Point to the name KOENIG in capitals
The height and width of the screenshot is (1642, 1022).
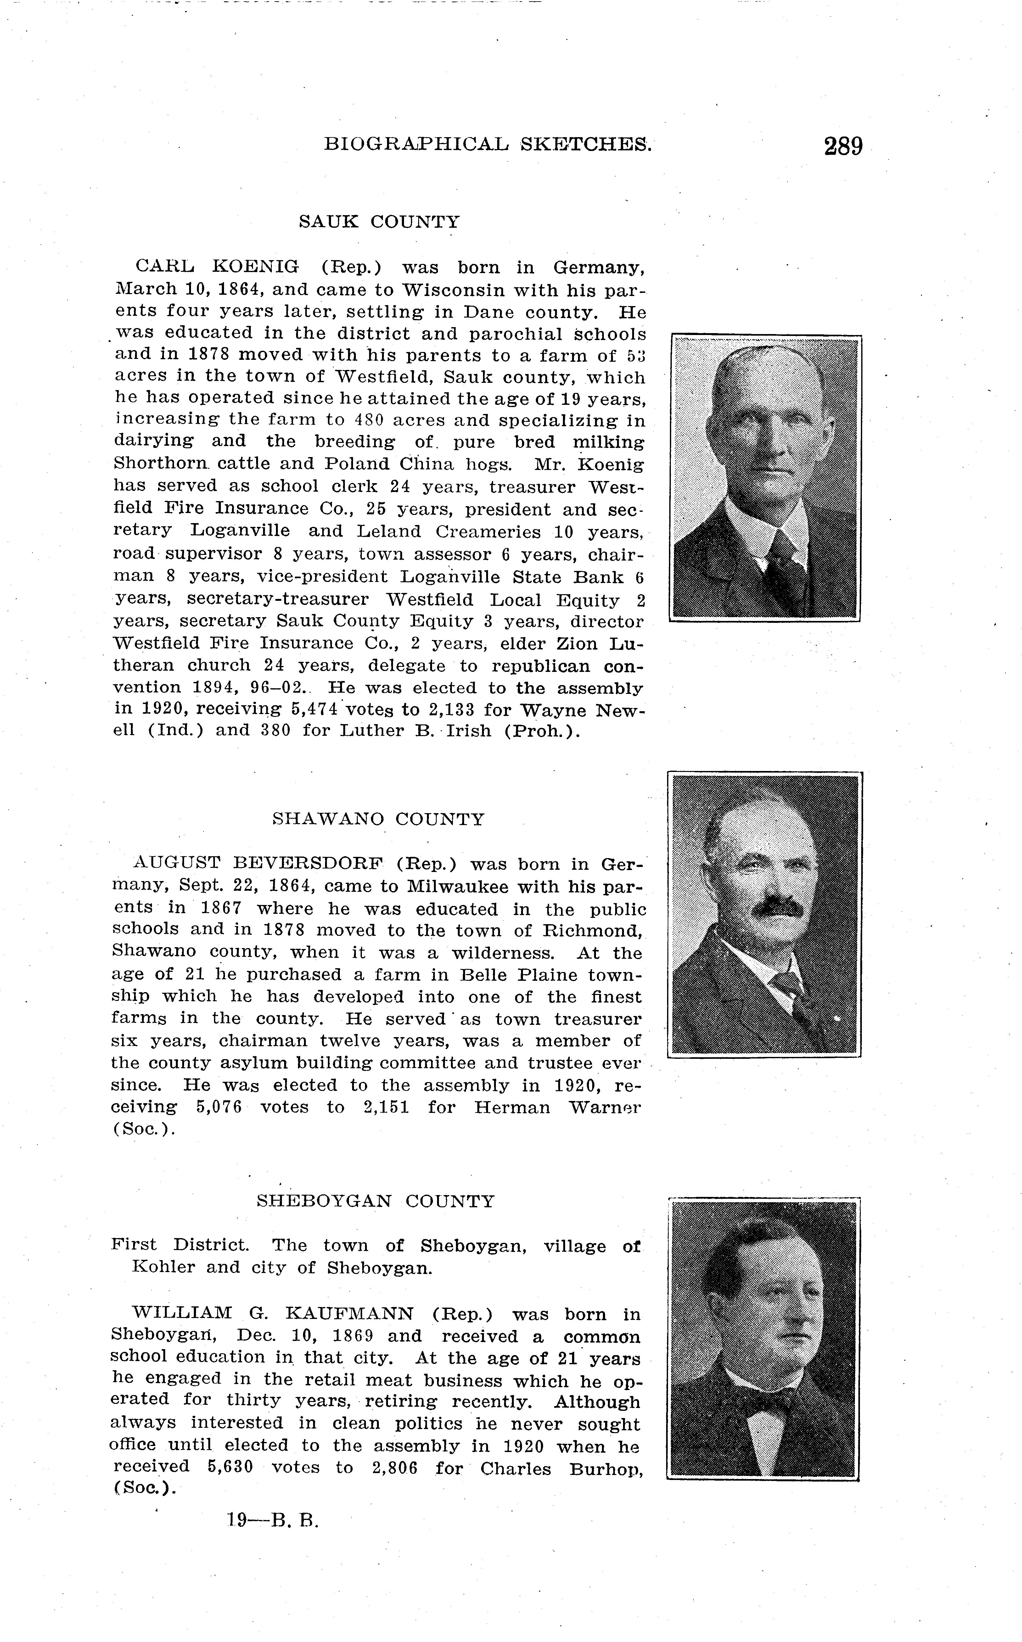(x=255, y=268)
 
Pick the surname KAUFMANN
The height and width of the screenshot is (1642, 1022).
(x=350, y=1314)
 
